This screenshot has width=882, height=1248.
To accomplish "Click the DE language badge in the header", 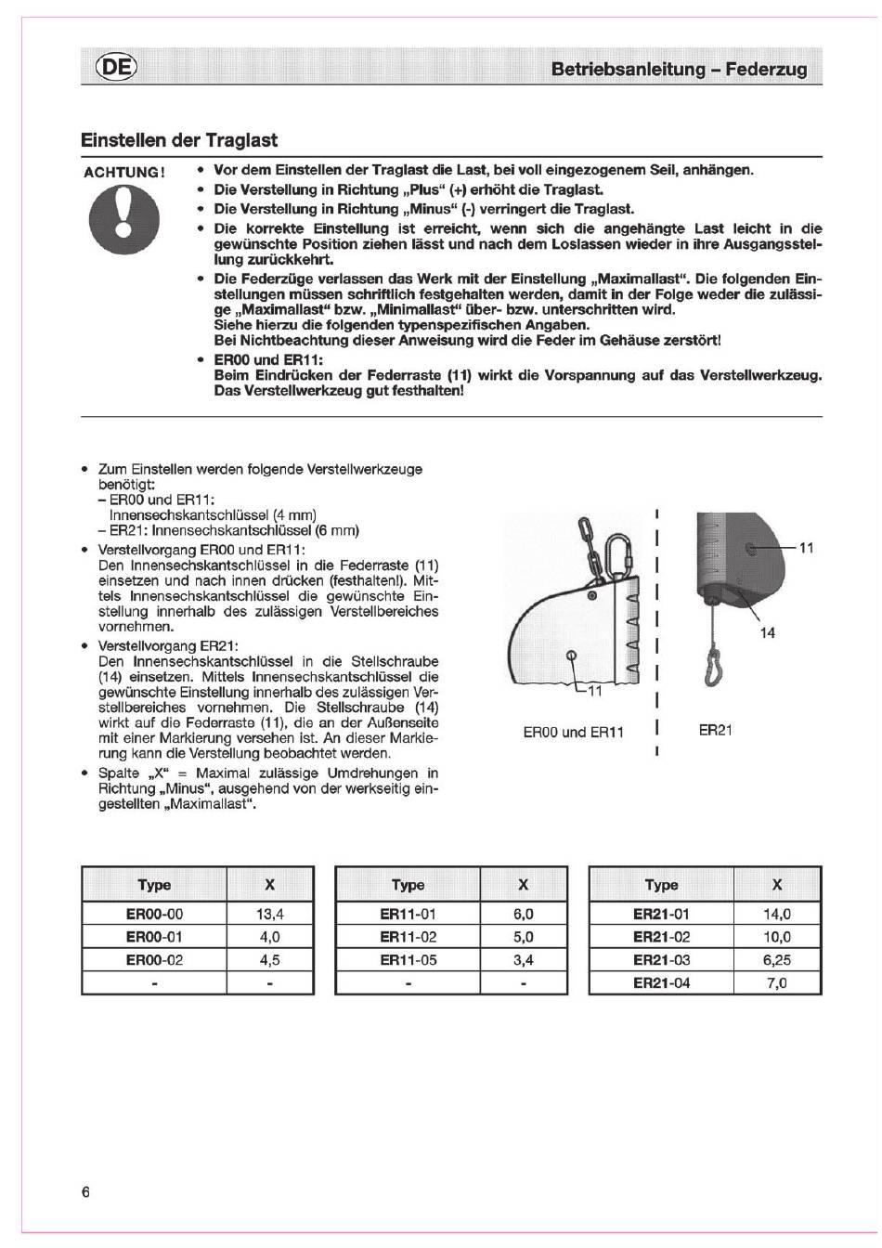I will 115,68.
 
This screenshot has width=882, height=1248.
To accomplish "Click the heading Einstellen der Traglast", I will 179,141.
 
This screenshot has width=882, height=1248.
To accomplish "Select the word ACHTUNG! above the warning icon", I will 124,173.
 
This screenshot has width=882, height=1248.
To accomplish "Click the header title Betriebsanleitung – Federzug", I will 679,69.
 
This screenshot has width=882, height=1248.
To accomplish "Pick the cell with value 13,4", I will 269,914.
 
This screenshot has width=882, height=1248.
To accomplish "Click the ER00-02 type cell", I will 154,960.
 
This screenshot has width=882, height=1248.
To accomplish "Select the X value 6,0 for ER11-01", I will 523,914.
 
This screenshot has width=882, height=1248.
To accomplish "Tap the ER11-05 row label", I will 408,960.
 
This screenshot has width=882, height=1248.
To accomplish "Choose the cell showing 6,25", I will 777,960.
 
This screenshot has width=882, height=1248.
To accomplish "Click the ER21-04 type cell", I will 661,982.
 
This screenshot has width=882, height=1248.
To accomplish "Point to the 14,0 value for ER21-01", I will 777,914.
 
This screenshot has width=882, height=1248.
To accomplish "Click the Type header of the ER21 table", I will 661,885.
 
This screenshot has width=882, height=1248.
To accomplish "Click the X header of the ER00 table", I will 269,885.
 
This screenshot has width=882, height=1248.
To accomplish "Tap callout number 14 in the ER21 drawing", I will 767,633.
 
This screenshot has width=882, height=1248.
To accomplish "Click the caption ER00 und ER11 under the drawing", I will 573,732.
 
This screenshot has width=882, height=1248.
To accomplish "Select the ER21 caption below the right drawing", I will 715,730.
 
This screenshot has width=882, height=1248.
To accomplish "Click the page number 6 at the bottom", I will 86,1192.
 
